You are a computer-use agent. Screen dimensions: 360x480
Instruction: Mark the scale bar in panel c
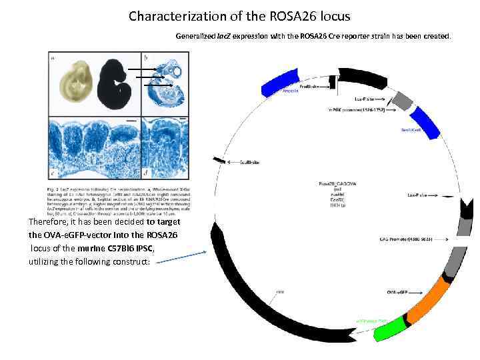coord(128,121)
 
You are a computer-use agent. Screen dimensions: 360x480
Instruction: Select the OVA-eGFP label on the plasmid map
coord(397,291)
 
